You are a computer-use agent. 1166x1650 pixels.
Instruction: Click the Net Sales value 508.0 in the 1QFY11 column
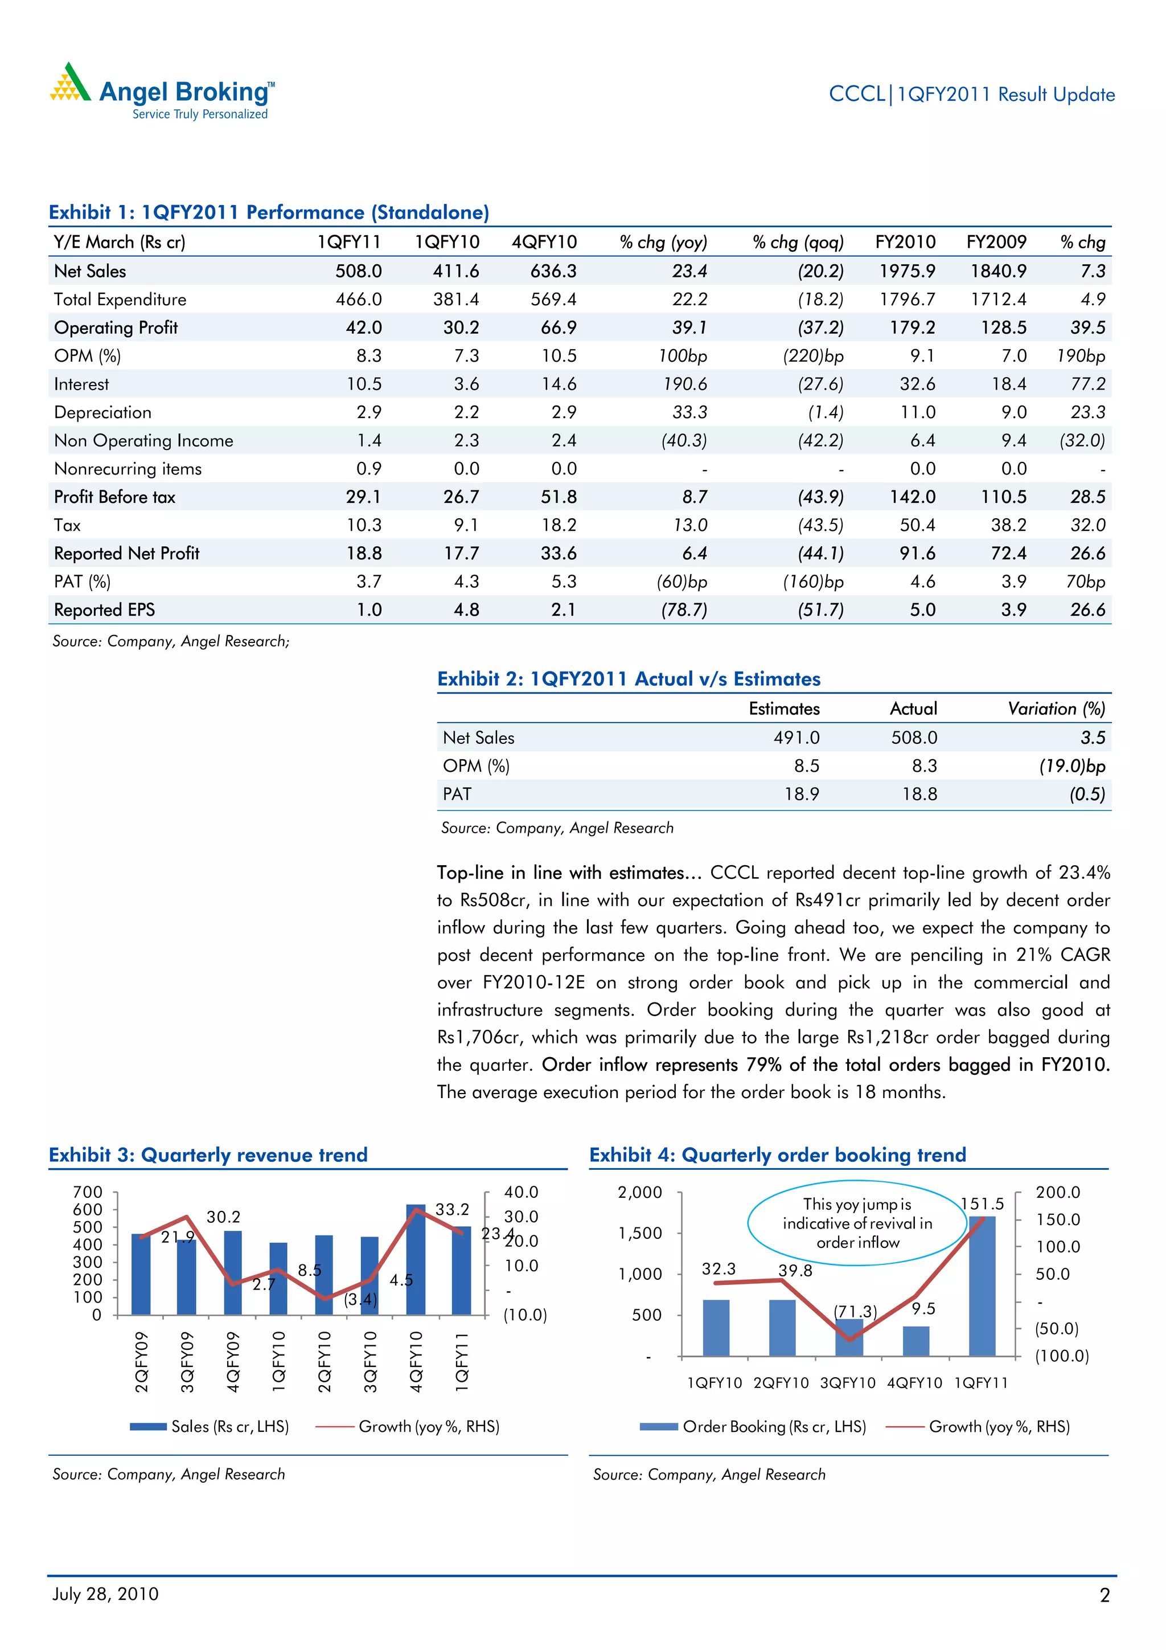359,271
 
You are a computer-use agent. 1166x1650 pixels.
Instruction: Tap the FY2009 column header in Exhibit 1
996,242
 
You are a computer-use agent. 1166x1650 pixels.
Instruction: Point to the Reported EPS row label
104,610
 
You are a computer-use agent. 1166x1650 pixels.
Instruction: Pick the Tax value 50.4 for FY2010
917,525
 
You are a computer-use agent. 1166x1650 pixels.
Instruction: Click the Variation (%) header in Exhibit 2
1056,709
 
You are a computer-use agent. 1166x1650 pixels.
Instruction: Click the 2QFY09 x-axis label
142,1362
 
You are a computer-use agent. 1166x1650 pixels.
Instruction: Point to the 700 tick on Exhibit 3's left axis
88,1192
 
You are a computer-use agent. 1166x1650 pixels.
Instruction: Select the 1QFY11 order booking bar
982,1287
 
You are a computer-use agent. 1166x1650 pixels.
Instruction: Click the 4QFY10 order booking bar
916,1341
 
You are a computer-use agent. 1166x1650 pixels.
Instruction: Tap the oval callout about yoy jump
857,1223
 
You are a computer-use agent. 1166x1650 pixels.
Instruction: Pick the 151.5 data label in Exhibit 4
982,1203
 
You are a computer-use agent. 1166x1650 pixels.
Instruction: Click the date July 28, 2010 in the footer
105,1594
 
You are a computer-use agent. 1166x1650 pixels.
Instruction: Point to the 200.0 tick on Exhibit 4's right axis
1057,1192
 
